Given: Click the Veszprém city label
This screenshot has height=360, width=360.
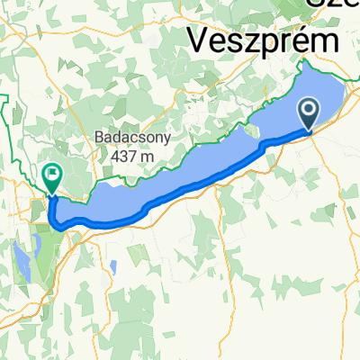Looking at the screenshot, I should click(264, 40).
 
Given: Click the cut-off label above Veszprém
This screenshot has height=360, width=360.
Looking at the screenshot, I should click(333, 5).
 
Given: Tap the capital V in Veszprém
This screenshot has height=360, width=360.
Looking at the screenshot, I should click(201, 40).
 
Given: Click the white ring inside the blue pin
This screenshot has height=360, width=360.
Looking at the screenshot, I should click(308, 110).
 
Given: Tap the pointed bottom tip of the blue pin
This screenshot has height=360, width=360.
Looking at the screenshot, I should click(308, 131).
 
